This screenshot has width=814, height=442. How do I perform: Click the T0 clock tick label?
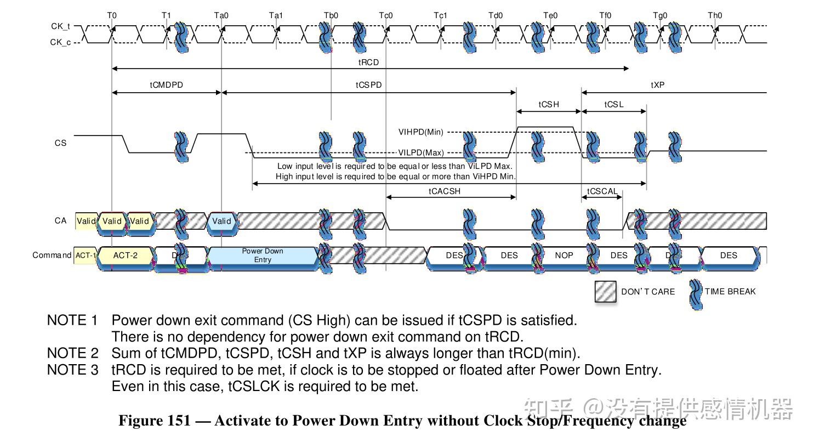coord(112,15)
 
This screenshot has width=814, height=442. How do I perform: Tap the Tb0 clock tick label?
coord(331,15)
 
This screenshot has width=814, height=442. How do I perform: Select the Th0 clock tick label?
coord(715,15)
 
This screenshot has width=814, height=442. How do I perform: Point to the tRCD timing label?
coord(368,63)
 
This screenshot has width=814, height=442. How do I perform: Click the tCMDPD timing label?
coord(166,86)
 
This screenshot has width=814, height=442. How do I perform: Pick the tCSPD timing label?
coord(368,86)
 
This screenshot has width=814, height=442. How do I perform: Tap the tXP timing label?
coord(658,86)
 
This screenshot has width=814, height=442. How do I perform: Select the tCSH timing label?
coord(549,105)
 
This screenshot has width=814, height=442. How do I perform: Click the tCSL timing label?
coord(614,105)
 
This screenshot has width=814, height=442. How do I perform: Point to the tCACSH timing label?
coord(445,191)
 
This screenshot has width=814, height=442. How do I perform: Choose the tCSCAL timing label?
coord(602,191)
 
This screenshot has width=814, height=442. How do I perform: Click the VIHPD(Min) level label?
coord(421,132)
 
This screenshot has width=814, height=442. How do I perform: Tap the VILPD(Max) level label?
coord(421,153)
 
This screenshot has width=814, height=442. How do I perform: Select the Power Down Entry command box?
coord(263,256)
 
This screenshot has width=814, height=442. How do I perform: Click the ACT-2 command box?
coord(125,256)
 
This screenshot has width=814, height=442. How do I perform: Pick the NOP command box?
coord(564,256)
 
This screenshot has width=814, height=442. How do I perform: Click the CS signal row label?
coord(60,143)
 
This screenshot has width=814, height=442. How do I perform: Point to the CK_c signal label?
coord(60,42)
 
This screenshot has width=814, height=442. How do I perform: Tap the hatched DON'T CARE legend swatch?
coord(606,292)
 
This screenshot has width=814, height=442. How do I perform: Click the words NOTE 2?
coord(72,353)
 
